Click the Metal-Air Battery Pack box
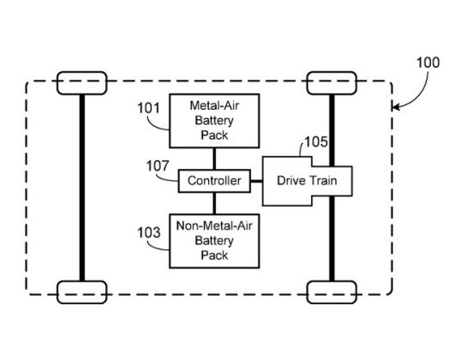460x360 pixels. [x=214, y=121]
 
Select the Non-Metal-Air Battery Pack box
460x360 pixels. [x=212, y=240]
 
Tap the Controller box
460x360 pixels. [x=214, y=181]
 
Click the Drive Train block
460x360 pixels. [x=306, y=181]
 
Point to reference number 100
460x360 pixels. [x=427, y=63]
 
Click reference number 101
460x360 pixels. [x=148, y=109]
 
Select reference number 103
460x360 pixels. [x=148, y=231]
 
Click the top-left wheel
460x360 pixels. [x=81, y=83]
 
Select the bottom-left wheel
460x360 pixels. [x=81, y=292]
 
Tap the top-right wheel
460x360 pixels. [x=332, y=83]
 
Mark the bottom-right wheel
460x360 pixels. [x=332, y=292]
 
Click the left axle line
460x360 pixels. [x=81, y=189]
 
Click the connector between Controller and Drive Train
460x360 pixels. [x=256, y=181]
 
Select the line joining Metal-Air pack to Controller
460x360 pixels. [x=214, y=159]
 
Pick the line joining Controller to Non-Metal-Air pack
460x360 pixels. [x=214, y=203]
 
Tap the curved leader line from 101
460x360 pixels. [x=159, y=124]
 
